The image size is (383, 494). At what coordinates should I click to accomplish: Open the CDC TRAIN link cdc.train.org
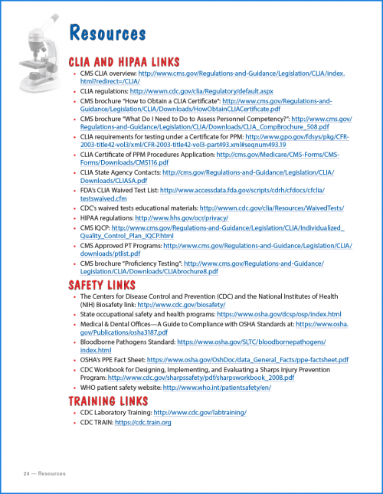pyautogui.click(x=142, y=422)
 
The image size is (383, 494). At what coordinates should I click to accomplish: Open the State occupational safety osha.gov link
pyautogui.click(x=279, y=314)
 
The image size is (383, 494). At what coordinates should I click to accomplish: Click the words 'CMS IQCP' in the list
pyautogui.click(x=94, y=228)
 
